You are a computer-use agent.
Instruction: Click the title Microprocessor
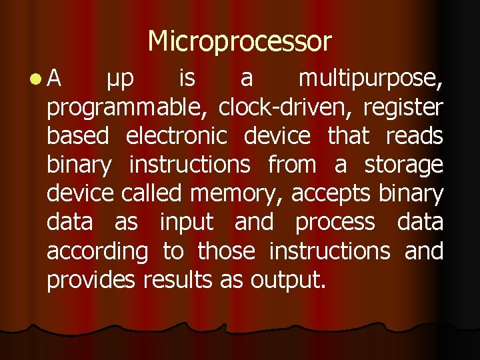(x=239, y=41)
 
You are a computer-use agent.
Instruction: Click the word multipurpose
(x=370, y=79)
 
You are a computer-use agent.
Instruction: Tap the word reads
(x=415, y=136)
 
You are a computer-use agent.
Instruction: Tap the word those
(x=226, y=251)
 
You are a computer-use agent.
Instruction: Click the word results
(x=177, y=281)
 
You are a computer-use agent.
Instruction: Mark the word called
(x=151, y=193)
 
